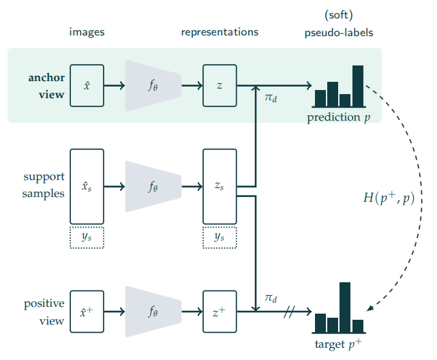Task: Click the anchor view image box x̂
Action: pos(87,85)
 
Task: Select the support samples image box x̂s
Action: pos(87,186)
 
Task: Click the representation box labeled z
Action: pos(220,85)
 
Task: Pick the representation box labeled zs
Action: pos(220,186)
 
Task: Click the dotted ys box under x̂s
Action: pos(87,236)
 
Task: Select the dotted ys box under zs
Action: pos(220,236)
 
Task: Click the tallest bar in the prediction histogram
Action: pos(358,86)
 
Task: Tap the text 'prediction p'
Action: pos(339,117)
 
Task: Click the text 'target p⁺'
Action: pos(339,342)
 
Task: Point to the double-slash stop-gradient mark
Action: pos(289,312)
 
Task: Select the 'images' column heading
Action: pos(87,32)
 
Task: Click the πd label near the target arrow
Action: pos(270,298)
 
